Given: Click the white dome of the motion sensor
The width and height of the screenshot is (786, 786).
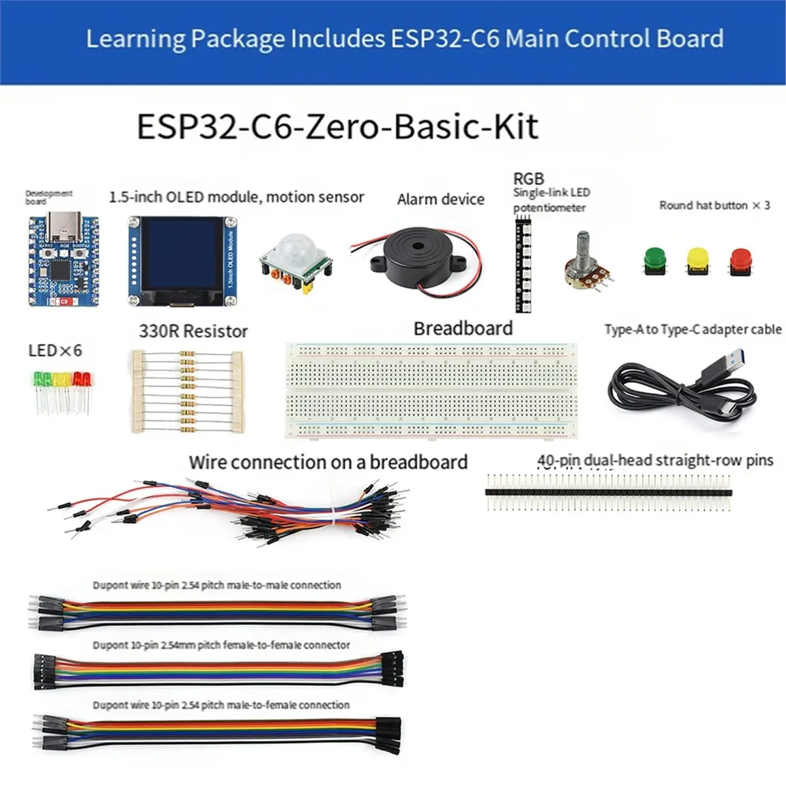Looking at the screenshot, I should (290, 248).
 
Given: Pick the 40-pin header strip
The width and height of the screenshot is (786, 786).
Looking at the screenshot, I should (608, 491).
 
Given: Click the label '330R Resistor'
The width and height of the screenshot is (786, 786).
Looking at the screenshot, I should (193, 331).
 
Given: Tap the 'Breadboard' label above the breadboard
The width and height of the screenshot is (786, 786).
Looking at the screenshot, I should (463, 328).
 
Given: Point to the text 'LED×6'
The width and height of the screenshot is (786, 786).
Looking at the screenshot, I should (55, 350).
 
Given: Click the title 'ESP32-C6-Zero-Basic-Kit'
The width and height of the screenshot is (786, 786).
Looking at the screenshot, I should (337, 126).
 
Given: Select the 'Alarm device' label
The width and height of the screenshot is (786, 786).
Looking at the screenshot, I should (441, 199).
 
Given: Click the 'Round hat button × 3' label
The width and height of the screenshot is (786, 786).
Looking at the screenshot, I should (715, 205).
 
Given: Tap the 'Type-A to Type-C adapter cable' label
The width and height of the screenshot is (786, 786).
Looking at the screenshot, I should (693, 329).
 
